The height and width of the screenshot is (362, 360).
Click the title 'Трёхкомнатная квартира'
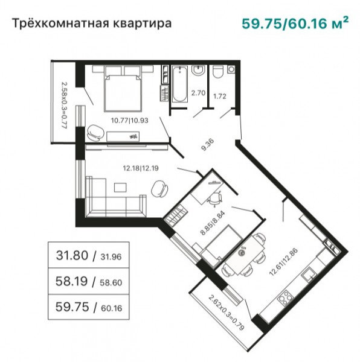tap(91, 24)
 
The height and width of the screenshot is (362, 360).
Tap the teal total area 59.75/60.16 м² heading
tap(295, 23)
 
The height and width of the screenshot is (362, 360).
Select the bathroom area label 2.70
tap(198, 93)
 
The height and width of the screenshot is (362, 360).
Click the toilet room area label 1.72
tap(220, 96)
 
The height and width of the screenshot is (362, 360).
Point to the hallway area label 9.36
tap(208, 145)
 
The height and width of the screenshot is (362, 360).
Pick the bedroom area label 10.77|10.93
tap(130, 120)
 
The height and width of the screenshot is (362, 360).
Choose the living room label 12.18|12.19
tap(141, 168)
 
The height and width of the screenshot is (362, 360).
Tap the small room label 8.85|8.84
tap(212, 223)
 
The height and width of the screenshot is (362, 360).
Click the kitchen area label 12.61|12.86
tap(284, 262)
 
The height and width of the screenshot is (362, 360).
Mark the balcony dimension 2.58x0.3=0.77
tap(64, 106)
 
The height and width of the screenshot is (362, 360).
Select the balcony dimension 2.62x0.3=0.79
tap(227, 313)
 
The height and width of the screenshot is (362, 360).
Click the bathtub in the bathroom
tap(179, 84)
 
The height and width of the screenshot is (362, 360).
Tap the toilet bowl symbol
tap(217, 72)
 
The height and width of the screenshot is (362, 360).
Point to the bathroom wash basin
tap(198, 70)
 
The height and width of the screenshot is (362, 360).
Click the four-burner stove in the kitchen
tap(285, 297)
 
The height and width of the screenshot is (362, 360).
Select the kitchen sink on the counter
tap(309, 275)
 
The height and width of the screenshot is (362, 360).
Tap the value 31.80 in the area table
tap(72, 255)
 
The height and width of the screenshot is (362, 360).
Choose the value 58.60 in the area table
tap(111, 282)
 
